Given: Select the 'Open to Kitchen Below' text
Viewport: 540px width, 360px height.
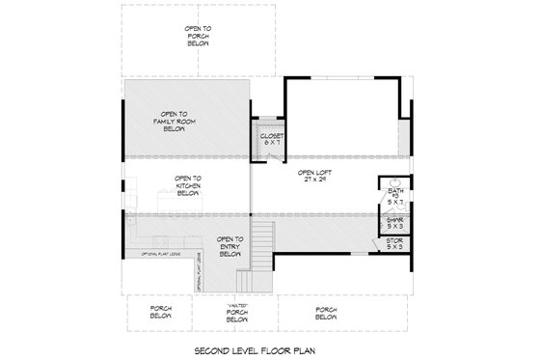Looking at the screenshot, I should click(x=188, y=185).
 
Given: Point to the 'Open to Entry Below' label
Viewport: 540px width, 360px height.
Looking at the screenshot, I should click(x=229, y=247).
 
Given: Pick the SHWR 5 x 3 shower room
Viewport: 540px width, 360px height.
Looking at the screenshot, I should click(x=395, y=224).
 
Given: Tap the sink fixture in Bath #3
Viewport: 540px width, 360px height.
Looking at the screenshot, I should click(x=395, y=182).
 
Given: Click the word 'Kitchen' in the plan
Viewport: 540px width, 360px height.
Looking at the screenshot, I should click(x=188, y=185).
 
